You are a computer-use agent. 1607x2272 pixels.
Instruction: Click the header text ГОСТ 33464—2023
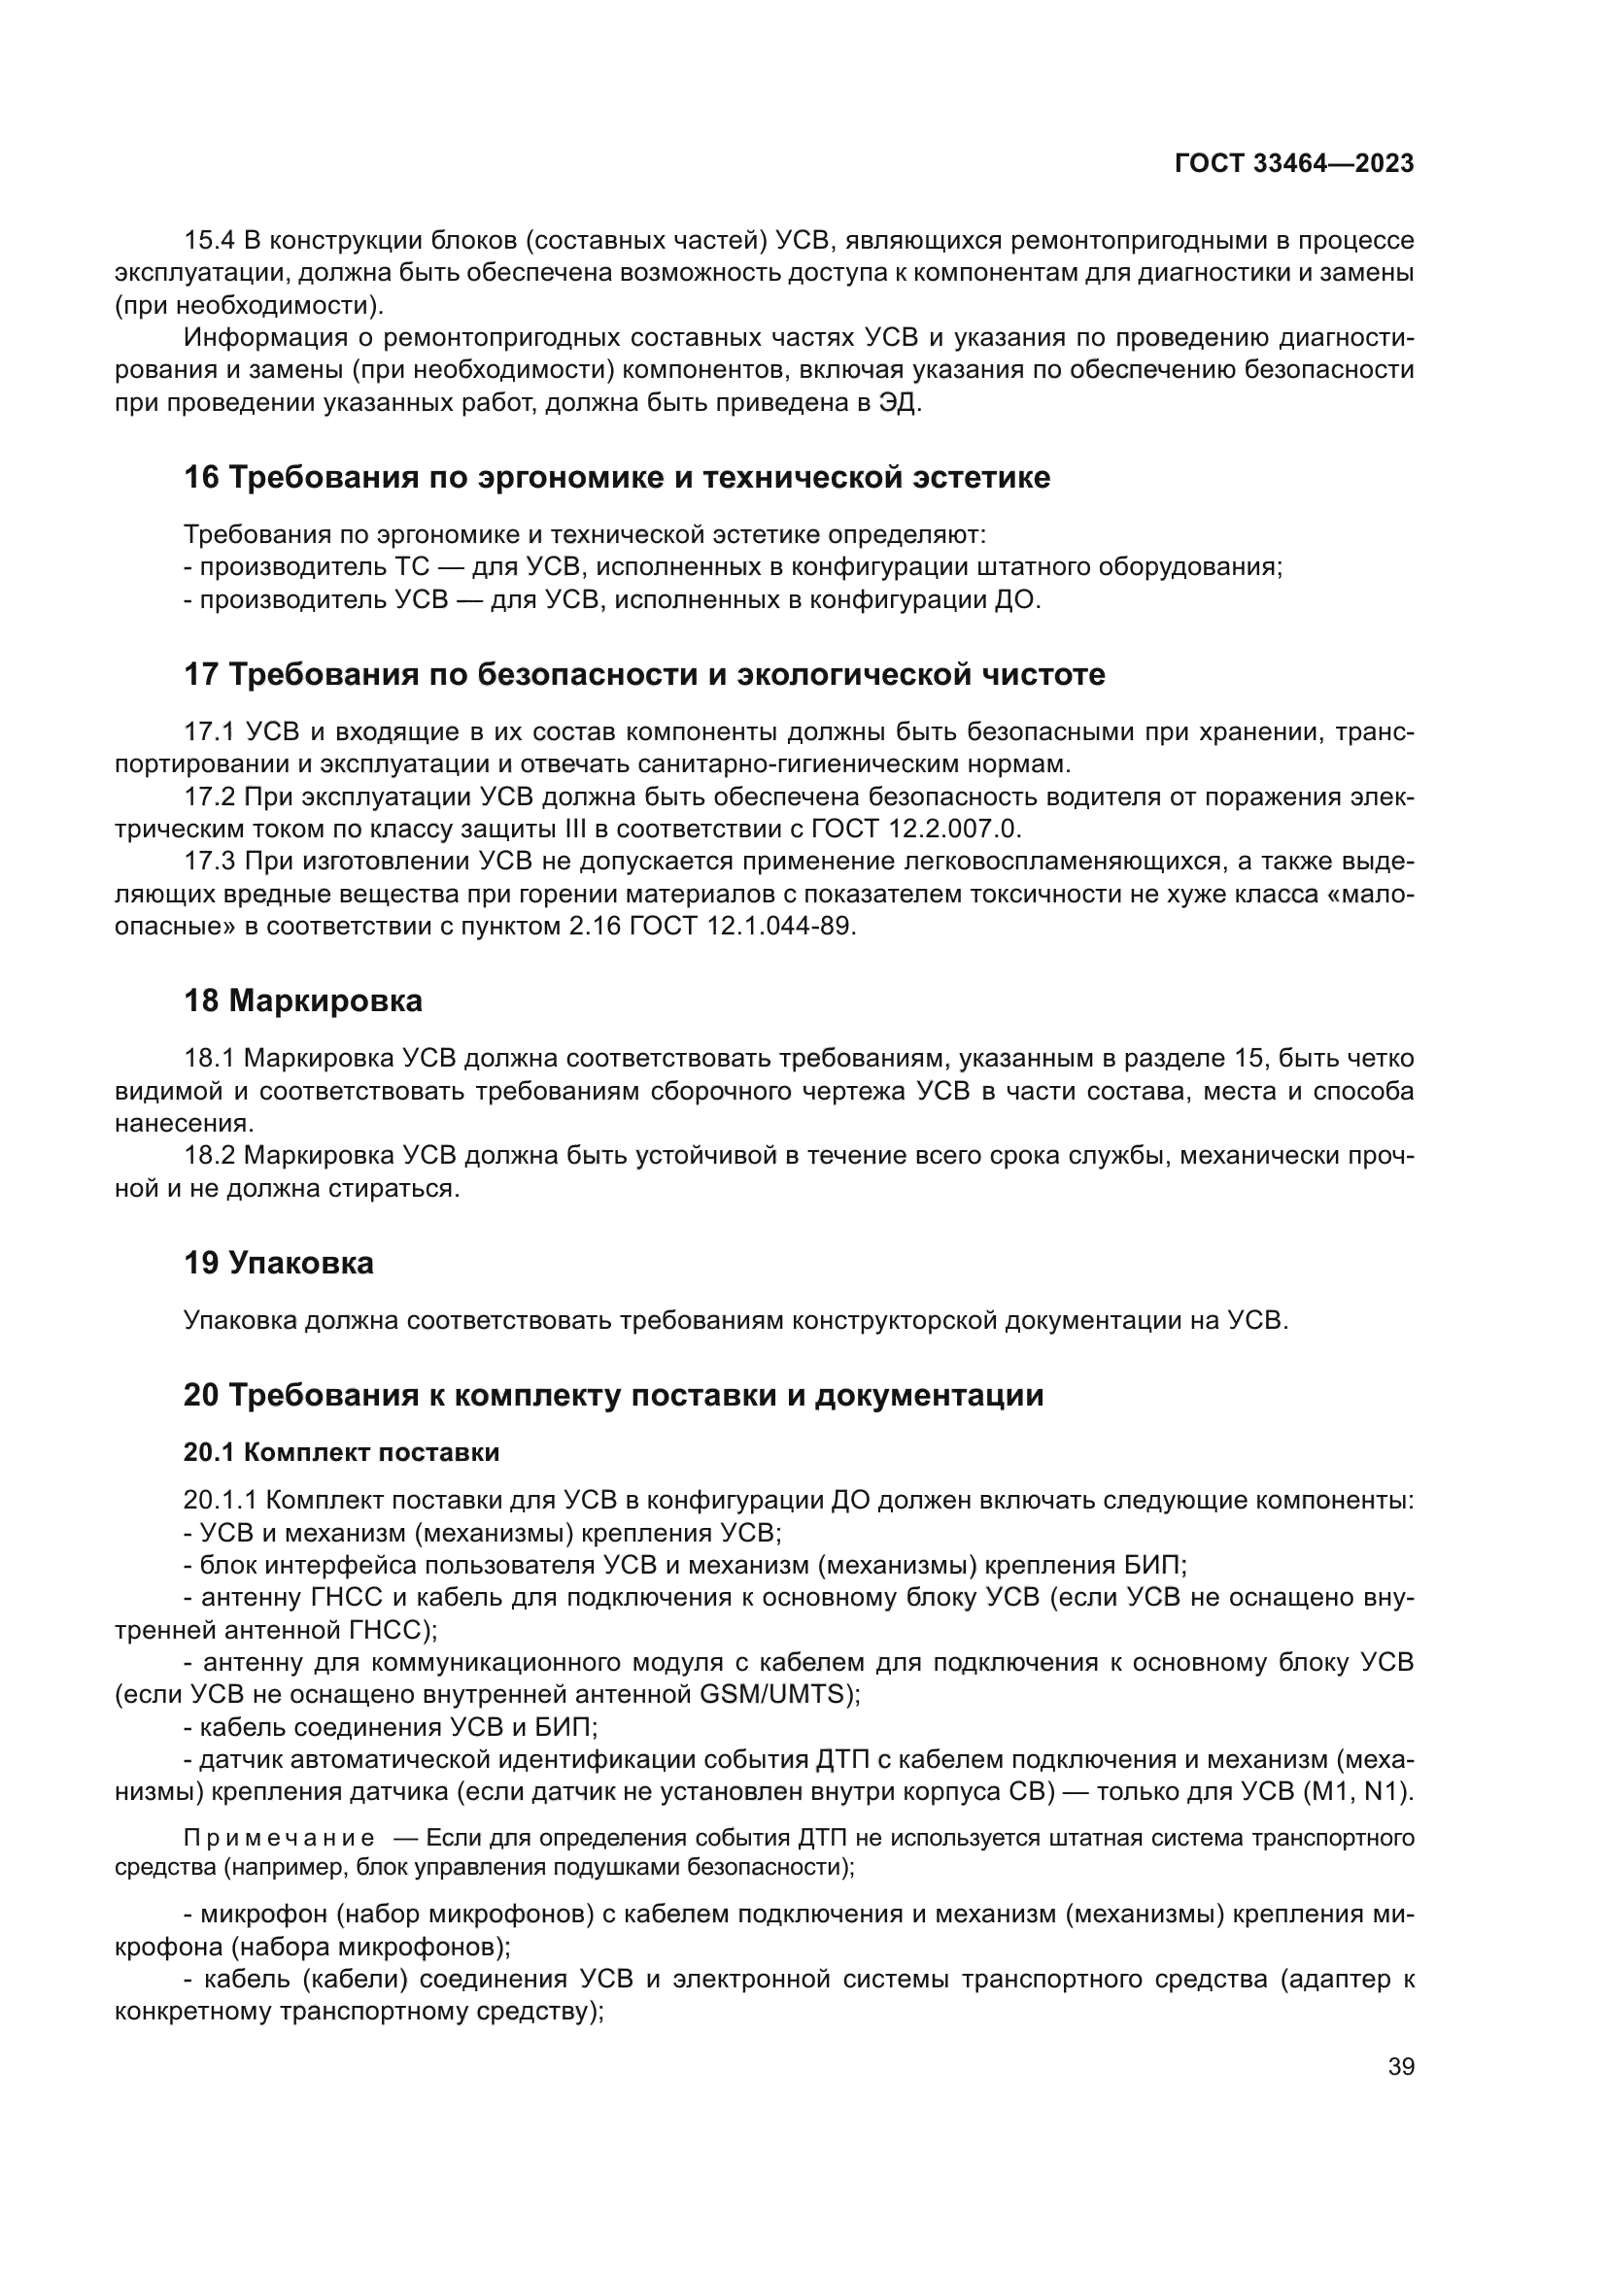(x=1293, y=163)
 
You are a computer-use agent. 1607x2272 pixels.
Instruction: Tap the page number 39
(x=1401, y=2066)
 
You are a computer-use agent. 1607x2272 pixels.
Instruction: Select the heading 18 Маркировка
(x=303, y=1000)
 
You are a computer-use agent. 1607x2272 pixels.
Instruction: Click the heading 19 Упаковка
(x=278, y=1263)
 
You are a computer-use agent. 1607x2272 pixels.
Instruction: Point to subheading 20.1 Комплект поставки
(x=341, y=1451)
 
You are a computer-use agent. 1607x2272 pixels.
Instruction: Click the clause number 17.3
(x=210, y=861)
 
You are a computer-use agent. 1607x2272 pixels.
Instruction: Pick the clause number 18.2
(x=210, y=1155)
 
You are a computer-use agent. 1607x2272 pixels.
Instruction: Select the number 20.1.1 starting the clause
(x=220, y=1499)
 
